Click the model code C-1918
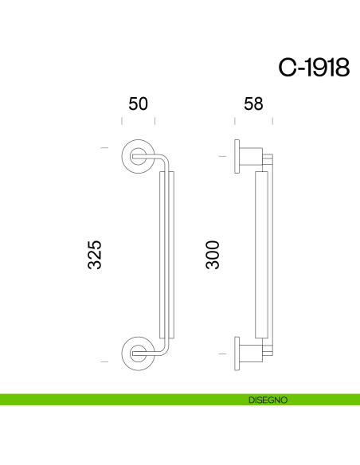314,68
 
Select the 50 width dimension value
138,104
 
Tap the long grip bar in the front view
167,255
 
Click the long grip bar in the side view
260,255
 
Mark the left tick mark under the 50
121,121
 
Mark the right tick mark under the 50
155,121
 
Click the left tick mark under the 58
235,121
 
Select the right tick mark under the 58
272,121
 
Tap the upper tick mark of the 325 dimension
104,148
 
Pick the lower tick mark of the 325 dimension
104,361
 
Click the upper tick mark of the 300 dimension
221,157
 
